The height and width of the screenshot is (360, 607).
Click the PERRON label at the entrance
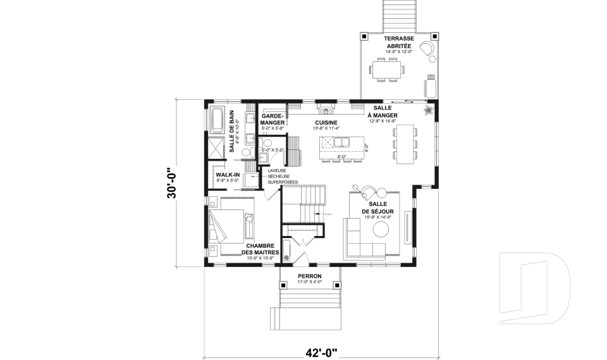(310, 276)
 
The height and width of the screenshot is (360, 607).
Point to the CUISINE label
(326, 123)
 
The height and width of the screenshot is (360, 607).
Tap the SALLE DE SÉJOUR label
(378, 207)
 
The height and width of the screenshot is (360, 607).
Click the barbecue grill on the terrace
(431, 86)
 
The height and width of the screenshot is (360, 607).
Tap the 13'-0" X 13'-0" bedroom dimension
(260, 258)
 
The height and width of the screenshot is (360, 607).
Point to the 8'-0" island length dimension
(341, 156)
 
